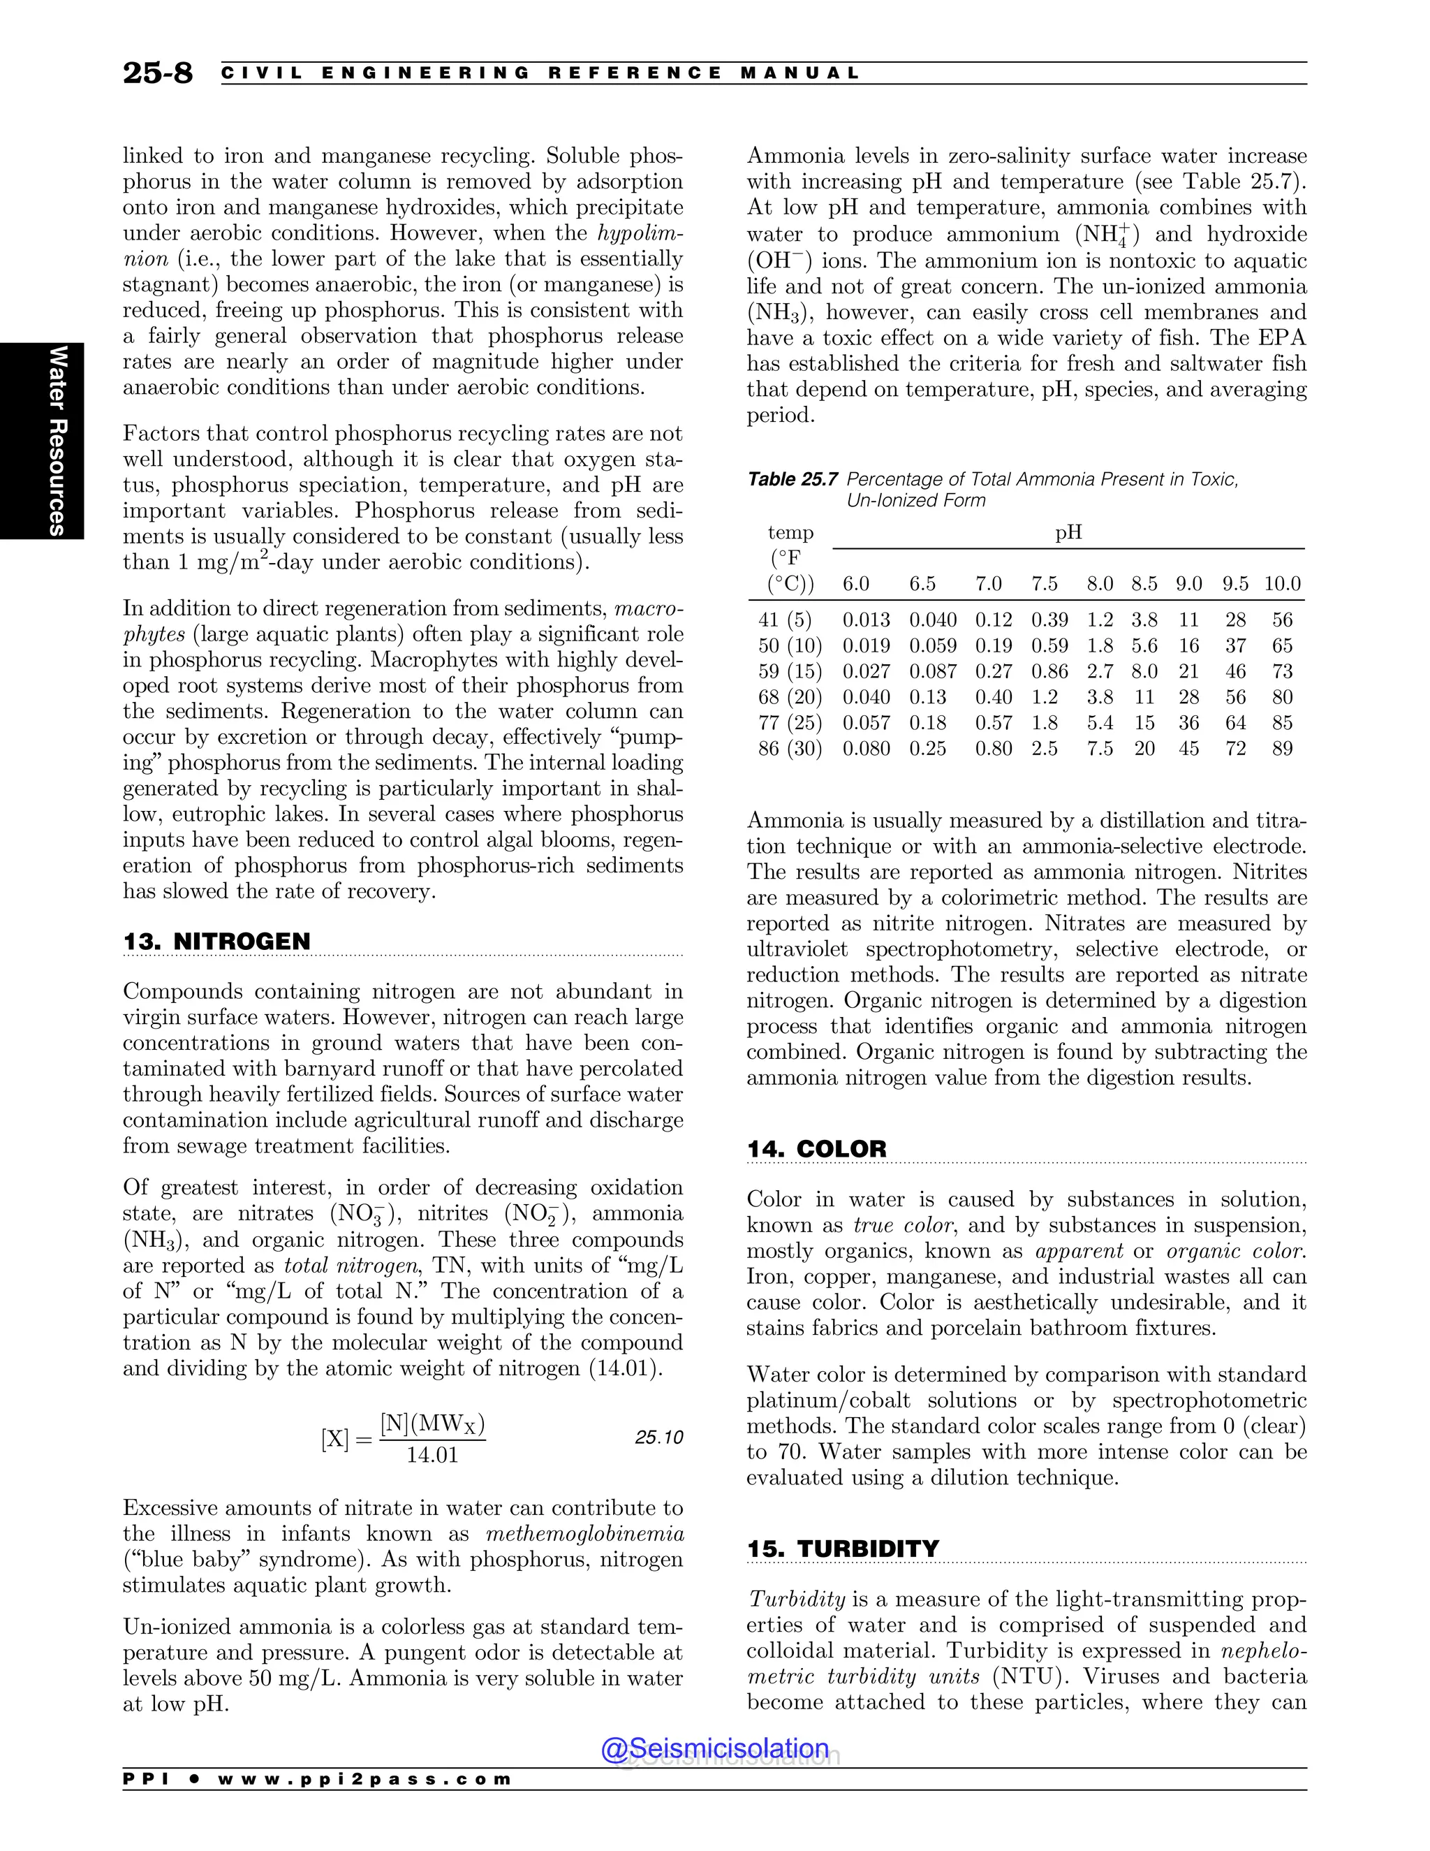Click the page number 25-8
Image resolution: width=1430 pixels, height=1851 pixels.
158,73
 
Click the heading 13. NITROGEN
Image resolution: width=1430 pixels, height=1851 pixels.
217,942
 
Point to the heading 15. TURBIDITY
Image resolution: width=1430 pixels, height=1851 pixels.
843,1549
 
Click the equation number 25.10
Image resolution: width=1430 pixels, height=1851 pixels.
658,1437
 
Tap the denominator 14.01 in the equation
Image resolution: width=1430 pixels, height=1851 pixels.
432,1455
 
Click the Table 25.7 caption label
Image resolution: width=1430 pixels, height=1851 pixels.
792,480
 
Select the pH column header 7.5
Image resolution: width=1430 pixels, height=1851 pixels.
1044,584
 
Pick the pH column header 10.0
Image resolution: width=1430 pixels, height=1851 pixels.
1282,584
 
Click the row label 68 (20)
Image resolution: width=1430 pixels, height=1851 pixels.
790,698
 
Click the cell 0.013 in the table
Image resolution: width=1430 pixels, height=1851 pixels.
866,620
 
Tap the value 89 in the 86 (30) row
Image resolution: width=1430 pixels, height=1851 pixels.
1282,749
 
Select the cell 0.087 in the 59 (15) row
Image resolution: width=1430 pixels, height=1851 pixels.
933,672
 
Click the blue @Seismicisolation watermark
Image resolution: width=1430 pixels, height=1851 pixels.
715,1748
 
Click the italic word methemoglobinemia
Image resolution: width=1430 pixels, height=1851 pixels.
584,1534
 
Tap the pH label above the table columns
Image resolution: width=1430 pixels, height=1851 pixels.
1068,532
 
